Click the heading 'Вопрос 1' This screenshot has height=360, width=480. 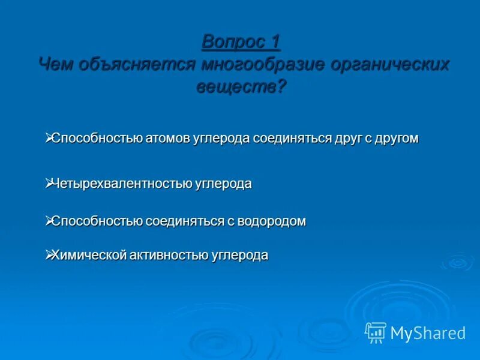(x=241, y=42)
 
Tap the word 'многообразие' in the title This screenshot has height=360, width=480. (x=263, y=64)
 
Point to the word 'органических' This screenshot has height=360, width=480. (x=390, y=64)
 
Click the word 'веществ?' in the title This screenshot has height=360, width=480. (x=242, y=86)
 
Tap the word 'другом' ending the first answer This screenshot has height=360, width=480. (x=397, y=138)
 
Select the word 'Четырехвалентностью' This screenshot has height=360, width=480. (x=122, y=184)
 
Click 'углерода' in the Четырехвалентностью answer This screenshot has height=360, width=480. (x=223, y=184)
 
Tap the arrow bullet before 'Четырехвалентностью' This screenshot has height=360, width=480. (x=49, y=183)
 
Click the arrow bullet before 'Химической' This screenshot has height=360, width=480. (x=49, y=254)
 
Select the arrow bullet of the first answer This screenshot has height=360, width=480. (x=49, y=137)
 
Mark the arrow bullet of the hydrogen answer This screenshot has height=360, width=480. (x=49, y=220)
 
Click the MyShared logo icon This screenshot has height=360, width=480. (x=376, y=332)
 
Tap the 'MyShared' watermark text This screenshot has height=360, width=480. (x=428, y=333)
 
